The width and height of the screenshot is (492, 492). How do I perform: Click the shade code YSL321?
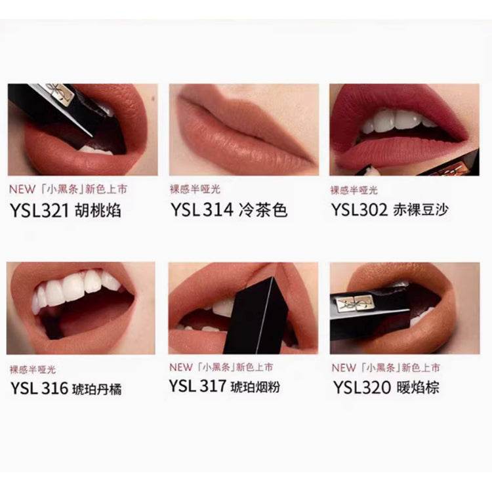pyautogui.click(x=39, y=210)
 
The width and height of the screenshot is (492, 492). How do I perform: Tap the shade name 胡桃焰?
pyautogui.click(x=98, y=210)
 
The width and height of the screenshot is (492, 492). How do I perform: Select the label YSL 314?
pyautogui.click(x=202, y=210)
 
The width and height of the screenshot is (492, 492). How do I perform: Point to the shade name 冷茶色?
pyautogui.click(x=263, y=210)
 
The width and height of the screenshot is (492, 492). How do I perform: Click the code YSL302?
pyautogui.click(x=359, y=210)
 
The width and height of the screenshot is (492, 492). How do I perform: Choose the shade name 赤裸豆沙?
pyautogui.click(x=420, y=210)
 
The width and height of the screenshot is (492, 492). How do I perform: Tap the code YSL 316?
pyautogui.click(x=39, y=388)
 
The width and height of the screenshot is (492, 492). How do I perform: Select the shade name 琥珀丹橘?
pyautogui.click(x=97, y=390)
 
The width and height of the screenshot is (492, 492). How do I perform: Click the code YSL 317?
pyautogui.click(x=197, y=386)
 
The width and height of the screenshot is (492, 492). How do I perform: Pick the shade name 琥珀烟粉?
pyautogui.click(x=255, y=387)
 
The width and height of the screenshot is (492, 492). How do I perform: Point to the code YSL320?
pyautogui.click(x=361, y=388)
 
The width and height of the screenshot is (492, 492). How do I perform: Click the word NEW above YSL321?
pyautogui.click(x=22, y=189)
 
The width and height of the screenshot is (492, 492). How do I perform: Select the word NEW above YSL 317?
pyautogui.click(x=181, y=367)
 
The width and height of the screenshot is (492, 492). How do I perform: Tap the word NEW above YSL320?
pyautogui.click(x=344, y=368)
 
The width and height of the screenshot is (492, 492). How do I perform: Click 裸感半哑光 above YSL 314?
pyautogui.click(x=195, y=189)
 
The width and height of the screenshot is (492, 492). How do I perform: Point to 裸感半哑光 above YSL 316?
pyautogui.click(x=33, y=369)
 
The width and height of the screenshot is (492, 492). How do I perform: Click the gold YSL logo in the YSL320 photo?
pyautogui.click(x=354, y=304)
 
